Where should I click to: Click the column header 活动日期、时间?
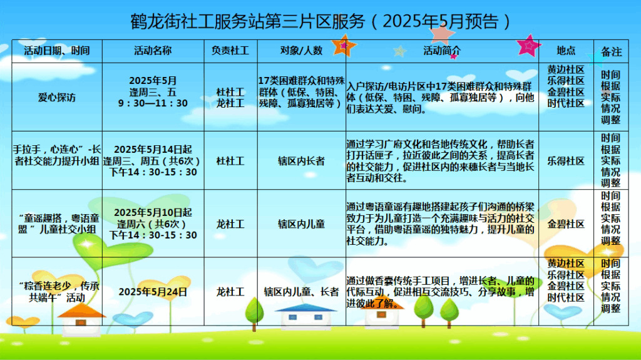(57, 51)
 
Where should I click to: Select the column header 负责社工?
(230, 51)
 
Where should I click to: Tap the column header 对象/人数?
(301, 51)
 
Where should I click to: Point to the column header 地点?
(566, 51)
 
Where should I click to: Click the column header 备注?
(611, 52)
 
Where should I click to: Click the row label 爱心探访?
(57, 98)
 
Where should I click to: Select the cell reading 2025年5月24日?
(153, 292)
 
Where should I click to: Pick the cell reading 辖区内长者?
(301, 161)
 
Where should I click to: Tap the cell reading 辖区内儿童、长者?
(301, 292)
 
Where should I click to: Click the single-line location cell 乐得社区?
(566, 161)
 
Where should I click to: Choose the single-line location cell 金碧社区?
(566, 224)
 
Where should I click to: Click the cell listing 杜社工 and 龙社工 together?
(230, 98)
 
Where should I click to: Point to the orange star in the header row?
(344, 46)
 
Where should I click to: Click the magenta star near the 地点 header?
(528, 46)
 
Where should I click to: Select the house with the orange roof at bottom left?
(81, 320)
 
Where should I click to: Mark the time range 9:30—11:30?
(153, 103)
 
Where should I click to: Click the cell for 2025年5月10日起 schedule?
(153, 224)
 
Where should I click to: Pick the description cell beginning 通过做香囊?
(440, 292)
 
